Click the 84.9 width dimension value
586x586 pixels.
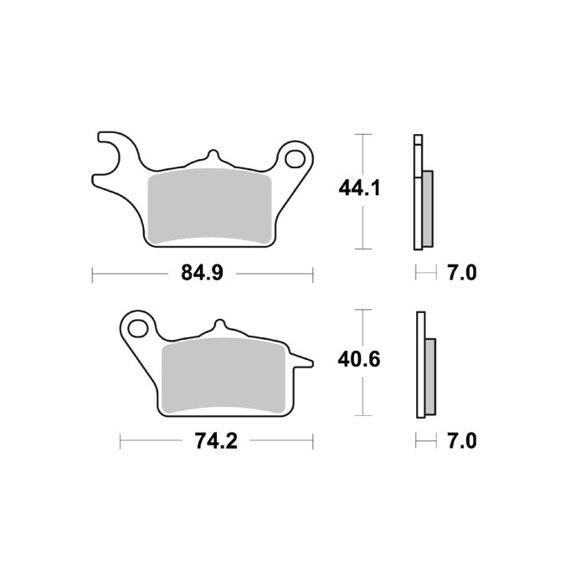pyautogui.click(x=203, y=273)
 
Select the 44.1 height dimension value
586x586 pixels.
pyautogui.click(x=360, y=189)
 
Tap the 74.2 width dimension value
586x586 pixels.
pyautogui.click(x=217, y=440)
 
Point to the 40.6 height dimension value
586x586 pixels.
pyautogui.click(x=360, y=360)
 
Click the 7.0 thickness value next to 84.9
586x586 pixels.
pyautogui.click(x=461, y=273)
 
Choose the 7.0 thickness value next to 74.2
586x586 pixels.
pyautogui.click(x=461, y=440)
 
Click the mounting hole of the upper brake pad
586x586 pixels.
pyautogui.click(x=295, y=158)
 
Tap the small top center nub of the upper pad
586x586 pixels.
pyautogui.click(x=212, y=157)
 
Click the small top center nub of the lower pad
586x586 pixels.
pyautogui.click(x=220, y=325)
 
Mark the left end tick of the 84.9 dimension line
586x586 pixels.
pyautogui.click(x=92, y=273)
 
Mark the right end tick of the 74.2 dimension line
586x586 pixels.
pyautogui.click(x=313, y=440)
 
